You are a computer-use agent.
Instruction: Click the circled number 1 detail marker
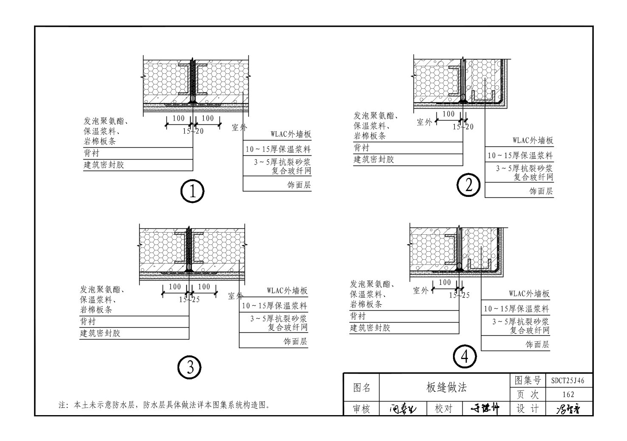pyautogui.click(x=192, y=192)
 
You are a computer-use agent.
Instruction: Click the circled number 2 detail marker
pyautogui.click(x=468, y=185)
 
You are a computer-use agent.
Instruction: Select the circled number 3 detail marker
pyautogui.click(x=190, y=367)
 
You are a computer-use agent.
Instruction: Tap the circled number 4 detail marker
pyautogui.click(x=465, y=357)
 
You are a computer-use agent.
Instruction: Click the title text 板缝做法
pyautogui.click(x=446, y=387)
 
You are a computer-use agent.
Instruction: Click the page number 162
pyautogui.click(x=568, y=394)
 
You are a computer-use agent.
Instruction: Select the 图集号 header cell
pyautogui.click(x=528, y=381)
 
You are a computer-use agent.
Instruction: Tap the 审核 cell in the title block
pyautogui.click(x=361, y=409)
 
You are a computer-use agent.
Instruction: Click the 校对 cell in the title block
pyautogui.click(x=444, y=409)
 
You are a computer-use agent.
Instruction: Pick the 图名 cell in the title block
pyautogui.click(x=362, y=388)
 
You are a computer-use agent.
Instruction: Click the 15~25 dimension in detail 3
pyautogui.click(x=189, y=300)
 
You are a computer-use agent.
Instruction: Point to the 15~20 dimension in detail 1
pyautogui.click(x=193, y=131)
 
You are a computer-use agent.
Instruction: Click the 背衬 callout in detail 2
pyautogui.click(x=362, y=148)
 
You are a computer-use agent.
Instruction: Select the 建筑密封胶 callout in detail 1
pyautogui.click(x=104, y=165)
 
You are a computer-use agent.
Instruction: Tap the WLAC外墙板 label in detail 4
pyautogui.click(x=529, y=294)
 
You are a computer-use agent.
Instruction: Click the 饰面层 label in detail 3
pyautogui.click(x=295, y=341)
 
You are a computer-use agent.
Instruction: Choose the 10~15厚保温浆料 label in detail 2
pyautogui.click(x=520, y=155)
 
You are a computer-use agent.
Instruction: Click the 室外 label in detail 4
pyautogui.click(x=421, y=290)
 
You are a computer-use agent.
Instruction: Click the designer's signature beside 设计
pyautogui.click(x=568, y=409)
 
